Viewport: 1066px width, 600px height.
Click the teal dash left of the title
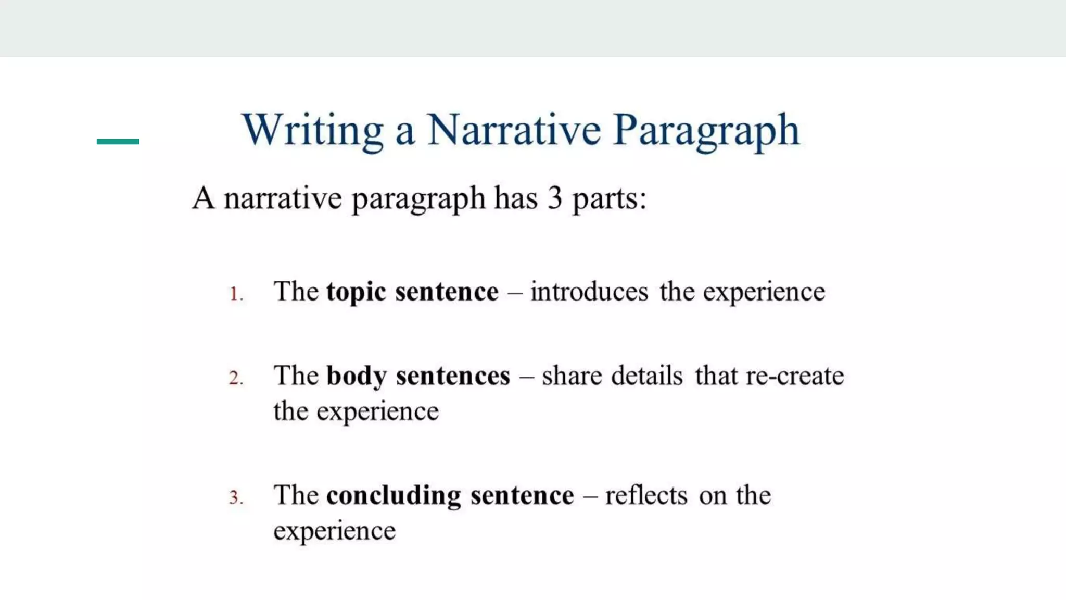tap(118, 141)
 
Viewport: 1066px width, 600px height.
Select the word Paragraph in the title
tap(706, 131)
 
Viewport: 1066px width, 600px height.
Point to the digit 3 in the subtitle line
tap(555, 198)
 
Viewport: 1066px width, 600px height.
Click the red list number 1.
tap(235, 294)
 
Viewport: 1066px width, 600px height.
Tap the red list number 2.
tap(235, 378)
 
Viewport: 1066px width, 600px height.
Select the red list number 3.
tap(235, 497)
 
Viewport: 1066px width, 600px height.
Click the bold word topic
tap(356, 292)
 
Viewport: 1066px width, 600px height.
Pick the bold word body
tap(357, 376)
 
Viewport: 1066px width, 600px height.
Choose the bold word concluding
tap(394, 496)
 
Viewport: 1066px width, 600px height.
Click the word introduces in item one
tap(589, 292)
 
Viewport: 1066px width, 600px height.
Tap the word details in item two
tap(646, 376)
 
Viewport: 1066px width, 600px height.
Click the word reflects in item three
tap(646, 495)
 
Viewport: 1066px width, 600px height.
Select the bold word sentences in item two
tap(453, 376)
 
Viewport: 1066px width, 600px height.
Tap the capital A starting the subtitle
tap(203, 198)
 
